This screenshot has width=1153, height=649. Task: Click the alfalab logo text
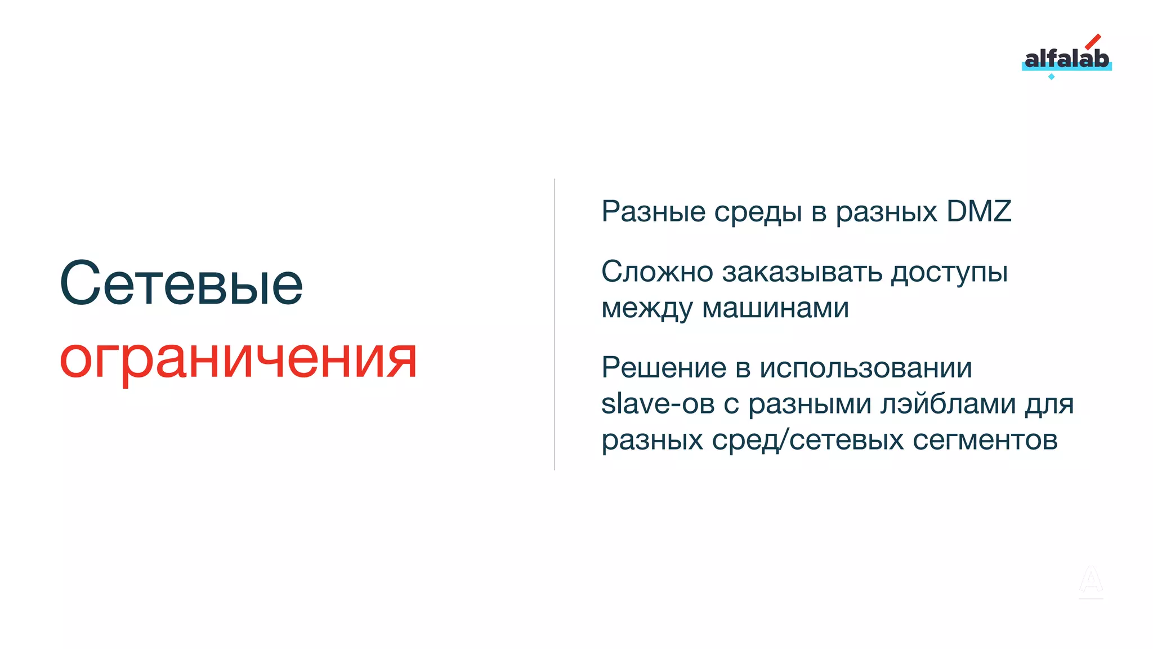point(1066,59)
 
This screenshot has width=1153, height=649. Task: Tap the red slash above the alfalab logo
point(1093,42)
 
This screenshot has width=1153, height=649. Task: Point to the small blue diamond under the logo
point(1051,77)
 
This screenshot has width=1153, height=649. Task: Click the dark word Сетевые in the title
point(181,283)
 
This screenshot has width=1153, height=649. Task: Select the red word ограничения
point(238,359)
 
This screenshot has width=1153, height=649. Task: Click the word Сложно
point(657,272)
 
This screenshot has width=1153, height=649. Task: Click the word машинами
point(775,308)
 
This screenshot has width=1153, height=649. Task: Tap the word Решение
point(664,368)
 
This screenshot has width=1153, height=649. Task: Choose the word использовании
point(865,368)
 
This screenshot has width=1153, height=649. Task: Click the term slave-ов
point(658,404)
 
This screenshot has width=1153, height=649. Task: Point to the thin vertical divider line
point(555,324)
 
